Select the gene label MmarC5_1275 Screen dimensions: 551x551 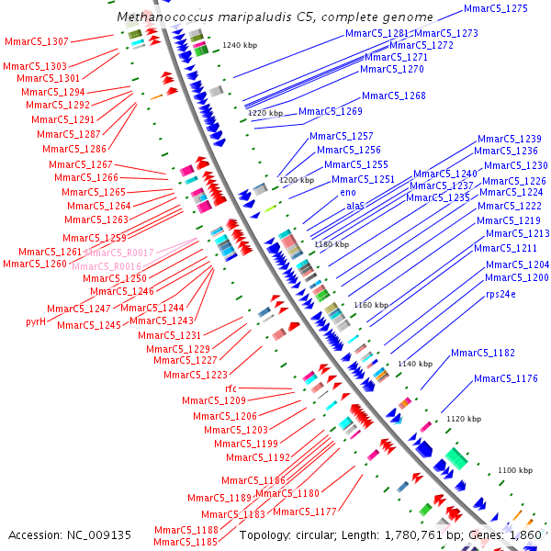(495, 8)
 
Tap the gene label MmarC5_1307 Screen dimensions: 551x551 (36, 42)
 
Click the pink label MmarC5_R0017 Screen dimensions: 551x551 (118, 253)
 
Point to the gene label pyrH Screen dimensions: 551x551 (36, 322)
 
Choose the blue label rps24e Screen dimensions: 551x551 (500, 295)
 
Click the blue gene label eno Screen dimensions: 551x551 (347, 193)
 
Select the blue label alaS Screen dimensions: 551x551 (354, 207)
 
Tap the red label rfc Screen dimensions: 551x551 (231, 388)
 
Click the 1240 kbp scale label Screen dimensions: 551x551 (242, 45)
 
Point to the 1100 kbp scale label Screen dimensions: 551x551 (514, 470)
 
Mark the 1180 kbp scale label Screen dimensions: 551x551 (332, 244)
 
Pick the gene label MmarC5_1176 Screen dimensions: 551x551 (505, 378)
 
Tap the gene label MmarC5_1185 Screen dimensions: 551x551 (186, 542)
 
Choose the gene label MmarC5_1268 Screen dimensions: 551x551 (394, 96)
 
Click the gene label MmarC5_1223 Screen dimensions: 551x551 (196, 375)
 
